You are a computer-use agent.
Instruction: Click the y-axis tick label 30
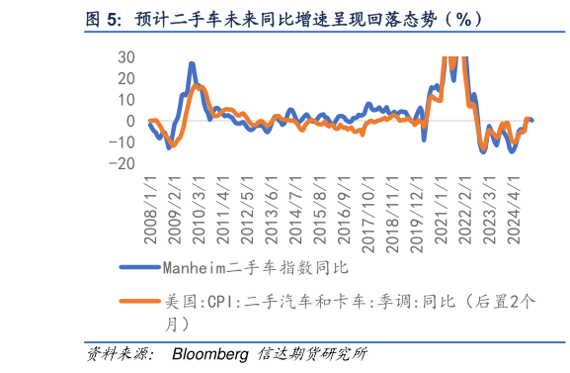[x=125, y=56]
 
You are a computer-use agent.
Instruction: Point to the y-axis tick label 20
[x=125, y=78]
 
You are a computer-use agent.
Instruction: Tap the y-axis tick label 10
[x=125, y=99]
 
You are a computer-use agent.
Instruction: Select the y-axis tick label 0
[x=130, y=121]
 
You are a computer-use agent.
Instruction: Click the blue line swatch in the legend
[x=139, y=266]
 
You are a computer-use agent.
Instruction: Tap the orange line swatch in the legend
[x=139, y=302]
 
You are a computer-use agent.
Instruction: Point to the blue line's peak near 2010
[x=192, y=64]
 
